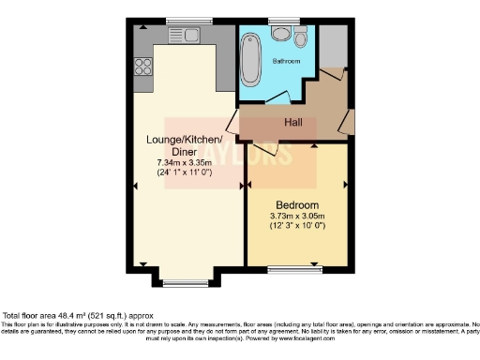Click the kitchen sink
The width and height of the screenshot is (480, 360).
pyautogui.click(x=179, y=35)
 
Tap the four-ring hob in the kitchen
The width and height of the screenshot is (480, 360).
pyautogui.click(x=144, y=66)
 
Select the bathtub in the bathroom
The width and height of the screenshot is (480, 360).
pyautogui.click(x=250, y=58)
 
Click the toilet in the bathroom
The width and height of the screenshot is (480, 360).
pyautogui.click(x=300, y=37)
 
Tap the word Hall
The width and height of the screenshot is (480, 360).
pyautogui.click(x=292, y=122)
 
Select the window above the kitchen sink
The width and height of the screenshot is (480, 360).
pyautogui.click(x=179, y=20)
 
